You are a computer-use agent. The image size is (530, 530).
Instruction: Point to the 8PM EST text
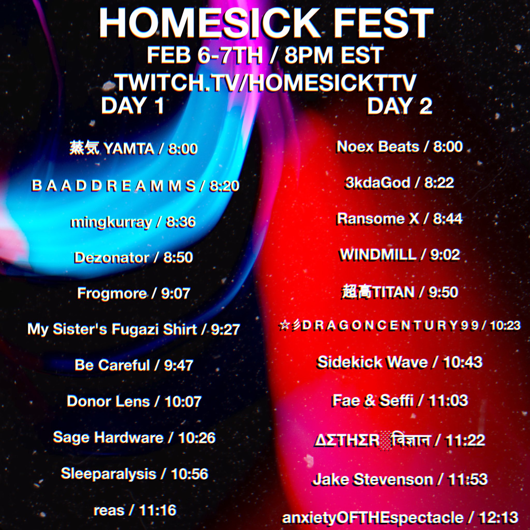(334, 55)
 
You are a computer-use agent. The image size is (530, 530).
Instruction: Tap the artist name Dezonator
(111, 257)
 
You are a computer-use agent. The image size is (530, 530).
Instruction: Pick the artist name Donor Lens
(108, 401)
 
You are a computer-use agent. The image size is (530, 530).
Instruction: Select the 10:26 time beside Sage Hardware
(197, 437)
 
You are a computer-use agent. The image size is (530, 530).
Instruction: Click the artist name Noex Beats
(378, 147)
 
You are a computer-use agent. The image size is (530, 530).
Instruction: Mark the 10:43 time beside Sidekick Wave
(463, 362)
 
